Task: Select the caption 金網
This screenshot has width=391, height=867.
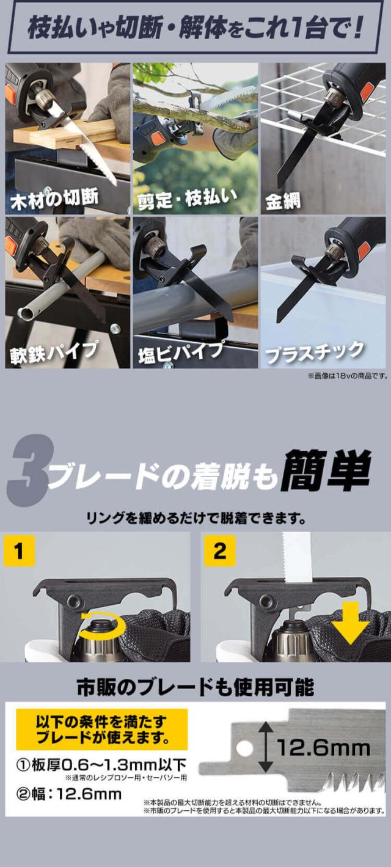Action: point(283,201)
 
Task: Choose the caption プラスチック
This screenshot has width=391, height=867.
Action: point(315,352)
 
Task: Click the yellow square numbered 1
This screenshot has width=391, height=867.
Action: point(19,551)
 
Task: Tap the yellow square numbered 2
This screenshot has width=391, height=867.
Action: point(219,551)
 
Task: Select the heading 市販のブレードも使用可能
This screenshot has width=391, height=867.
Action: point(195,687)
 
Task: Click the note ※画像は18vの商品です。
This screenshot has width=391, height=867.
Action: point(348,375)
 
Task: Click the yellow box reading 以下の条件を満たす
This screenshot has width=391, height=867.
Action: point(102,729)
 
